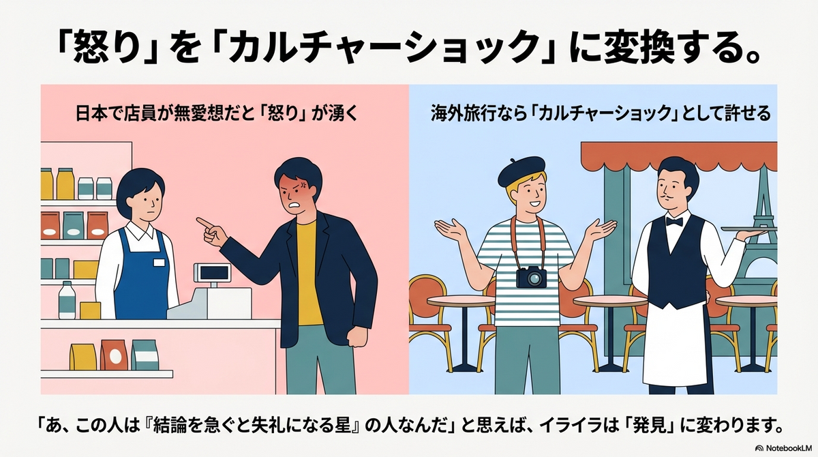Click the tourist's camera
531,277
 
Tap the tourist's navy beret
521,171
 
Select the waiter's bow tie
674,222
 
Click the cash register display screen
212,272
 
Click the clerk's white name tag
160,263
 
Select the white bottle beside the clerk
67,300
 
